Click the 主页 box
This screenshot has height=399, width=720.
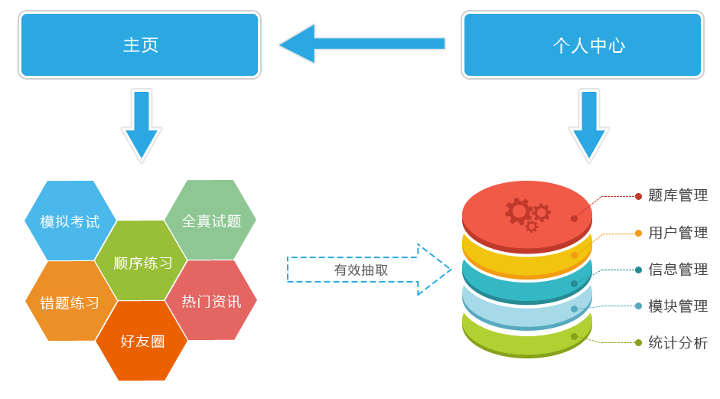tap(139, 44)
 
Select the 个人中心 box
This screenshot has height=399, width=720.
tap(582, 44)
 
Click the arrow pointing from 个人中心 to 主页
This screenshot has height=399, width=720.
tap(362, 44)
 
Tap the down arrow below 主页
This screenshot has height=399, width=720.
tap(142, 126)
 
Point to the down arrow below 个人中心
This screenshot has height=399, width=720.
tap(589, 126)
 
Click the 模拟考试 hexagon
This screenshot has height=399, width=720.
tap(70, 221)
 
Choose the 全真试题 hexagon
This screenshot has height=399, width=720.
tap(210, 220)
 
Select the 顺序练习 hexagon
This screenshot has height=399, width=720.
tap(141, 260)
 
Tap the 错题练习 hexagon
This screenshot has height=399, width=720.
tap(71, 301)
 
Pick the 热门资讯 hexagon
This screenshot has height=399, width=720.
tap(210, 300)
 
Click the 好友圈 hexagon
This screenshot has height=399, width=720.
tap(142, 341)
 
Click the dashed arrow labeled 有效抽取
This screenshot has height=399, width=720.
tap(370, 270)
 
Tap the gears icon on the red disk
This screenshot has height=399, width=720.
tap(528, 214)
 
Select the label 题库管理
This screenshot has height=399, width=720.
tap(678, 195)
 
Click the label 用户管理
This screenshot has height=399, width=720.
tap(678, 233)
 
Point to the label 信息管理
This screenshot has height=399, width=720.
tap(678, 270)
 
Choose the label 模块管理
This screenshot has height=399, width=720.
tap(678, 306)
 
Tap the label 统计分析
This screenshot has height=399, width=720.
tap(678, 343)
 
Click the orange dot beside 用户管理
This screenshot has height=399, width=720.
tap(638, 233)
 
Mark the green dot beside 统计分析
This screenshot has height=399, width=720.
tap(638, 342)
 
